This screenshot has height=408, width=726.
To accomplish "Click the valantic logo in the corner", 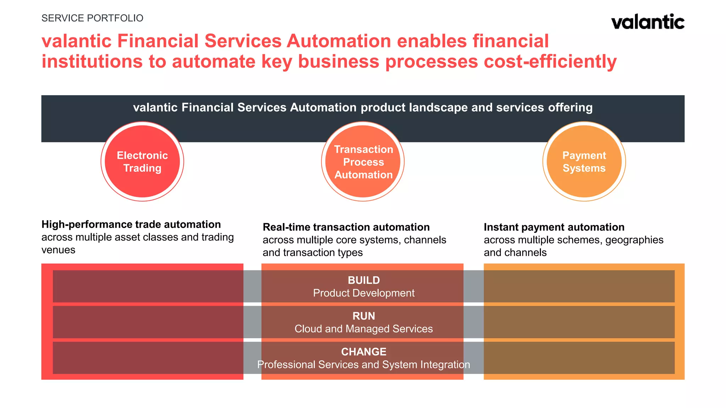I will pyautogui.click(x=648, y=22).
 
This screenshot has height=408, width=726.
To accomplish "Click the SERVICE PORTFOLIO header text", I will pyautogui.click(x=92, y=18).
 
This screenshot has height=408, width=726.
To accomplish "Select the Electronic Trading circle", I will pyautogui.click(x=142, y=161).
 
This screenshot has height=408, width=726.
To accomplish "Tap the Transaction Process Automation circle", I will pyautogui.click(x=363, y=161).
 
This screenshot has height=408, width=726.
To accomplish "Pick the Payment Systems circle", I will pyautogui.click(x=584, y=161).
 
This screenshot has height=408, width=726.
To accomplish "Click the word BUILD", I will pyautogui.click(x=364, y=280).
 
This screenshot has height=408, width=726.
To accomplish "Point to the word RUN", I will pyautogui.click(x=364, y=316).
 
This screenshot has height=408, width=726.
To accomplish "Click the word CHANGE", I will pyautogui.click(x=364, y=352).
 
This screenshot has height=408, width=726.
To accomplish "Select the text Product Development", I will pyautogui.click(x=364, y=293).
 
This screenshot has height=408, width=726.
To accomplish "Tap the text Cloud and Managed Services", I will pyautogui.click(x=364, y=329).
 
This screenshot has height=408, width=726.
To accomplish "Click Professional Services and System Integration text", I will pyautogui.click(x=364, y=365).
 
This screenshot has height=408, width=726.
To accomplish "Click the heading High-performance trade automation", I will pyautogui.click(x=131, y=225).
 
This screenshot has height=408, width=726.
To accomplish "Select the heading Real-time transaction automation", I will pyautogui.click(x=346, y=227).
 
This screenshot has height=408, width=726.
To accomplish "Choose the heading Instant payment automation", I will pyautogui.click(x=554, y=227).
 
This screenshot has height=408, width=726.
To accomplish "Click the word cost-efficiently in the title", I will pyautogui.click(x=550, y=62).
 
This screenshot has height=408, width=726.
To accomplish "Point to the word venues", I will pyautogui.click(x=58, y=250).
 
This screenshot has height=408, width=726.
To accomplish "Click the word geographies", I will pyautogui.click(x=634, y=240).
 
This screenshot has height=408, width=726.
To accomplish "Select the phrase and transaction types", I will pyautogui.click(x=312, y=253).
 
